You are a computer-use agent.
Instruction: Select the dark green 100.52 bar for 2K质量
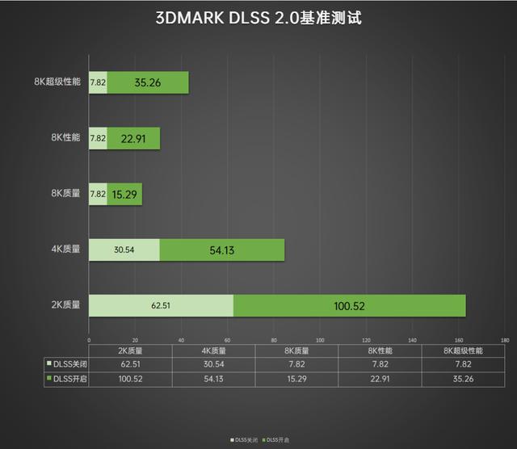click(349, 306)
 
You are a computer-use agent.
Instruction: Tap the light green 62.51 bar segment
click(161, 306)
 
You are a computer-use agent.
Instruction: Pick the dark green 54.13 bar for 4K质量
click(222, 250)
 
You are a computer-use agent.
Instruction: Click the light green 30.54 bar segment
click(124, 250)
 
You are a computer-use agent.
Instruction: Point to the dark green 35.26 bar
click(148, 82)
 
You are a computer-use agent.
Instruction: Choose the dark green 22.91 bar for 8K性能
click(133, 138)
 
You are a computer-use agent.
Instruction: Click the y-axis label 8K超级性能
click(57, 82)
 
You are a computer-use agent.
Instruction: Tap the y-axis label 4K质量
click(65, 250)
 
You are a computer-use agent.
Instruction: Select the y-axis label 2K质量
click(65, 306)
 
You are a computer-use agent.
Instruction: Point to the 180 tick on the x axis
click(506, 340)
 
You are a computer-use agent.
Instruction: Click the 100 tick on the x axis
click(320, 340)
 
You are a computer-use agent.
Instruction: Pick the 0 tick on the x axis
click(89, 340)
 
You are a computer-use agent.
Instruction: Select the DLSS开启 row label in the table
click(67, 379)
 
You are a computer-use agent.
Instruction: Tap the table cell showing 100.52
click(130, 379)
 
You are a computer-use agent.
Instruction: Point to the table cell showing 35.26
click(464, 379)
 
